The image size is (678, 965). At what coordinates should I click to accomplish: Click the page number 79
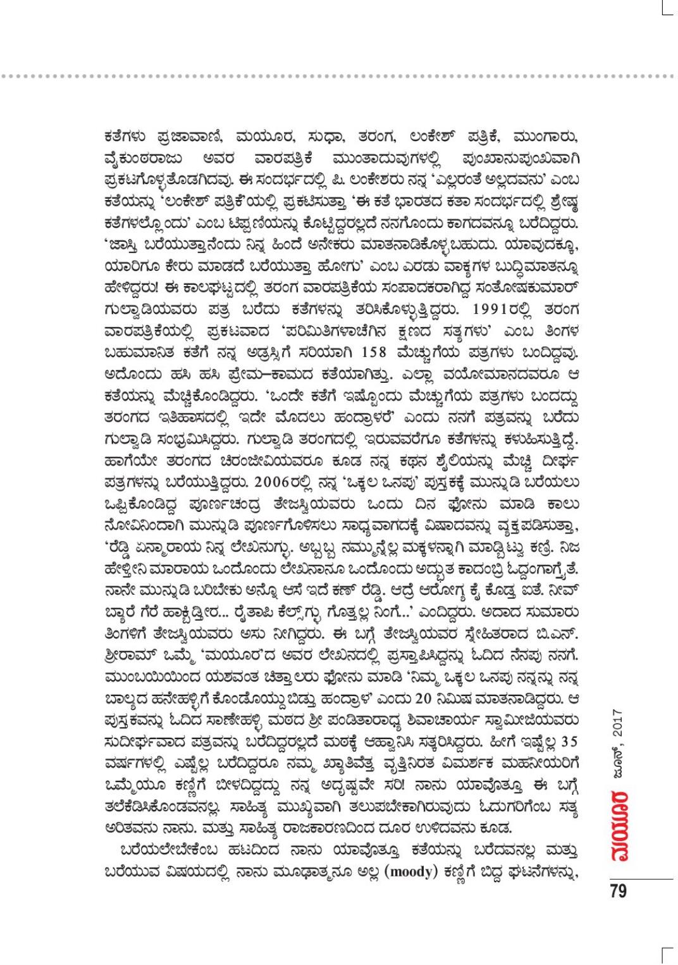pyautogui.click(x=619, y=891)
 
